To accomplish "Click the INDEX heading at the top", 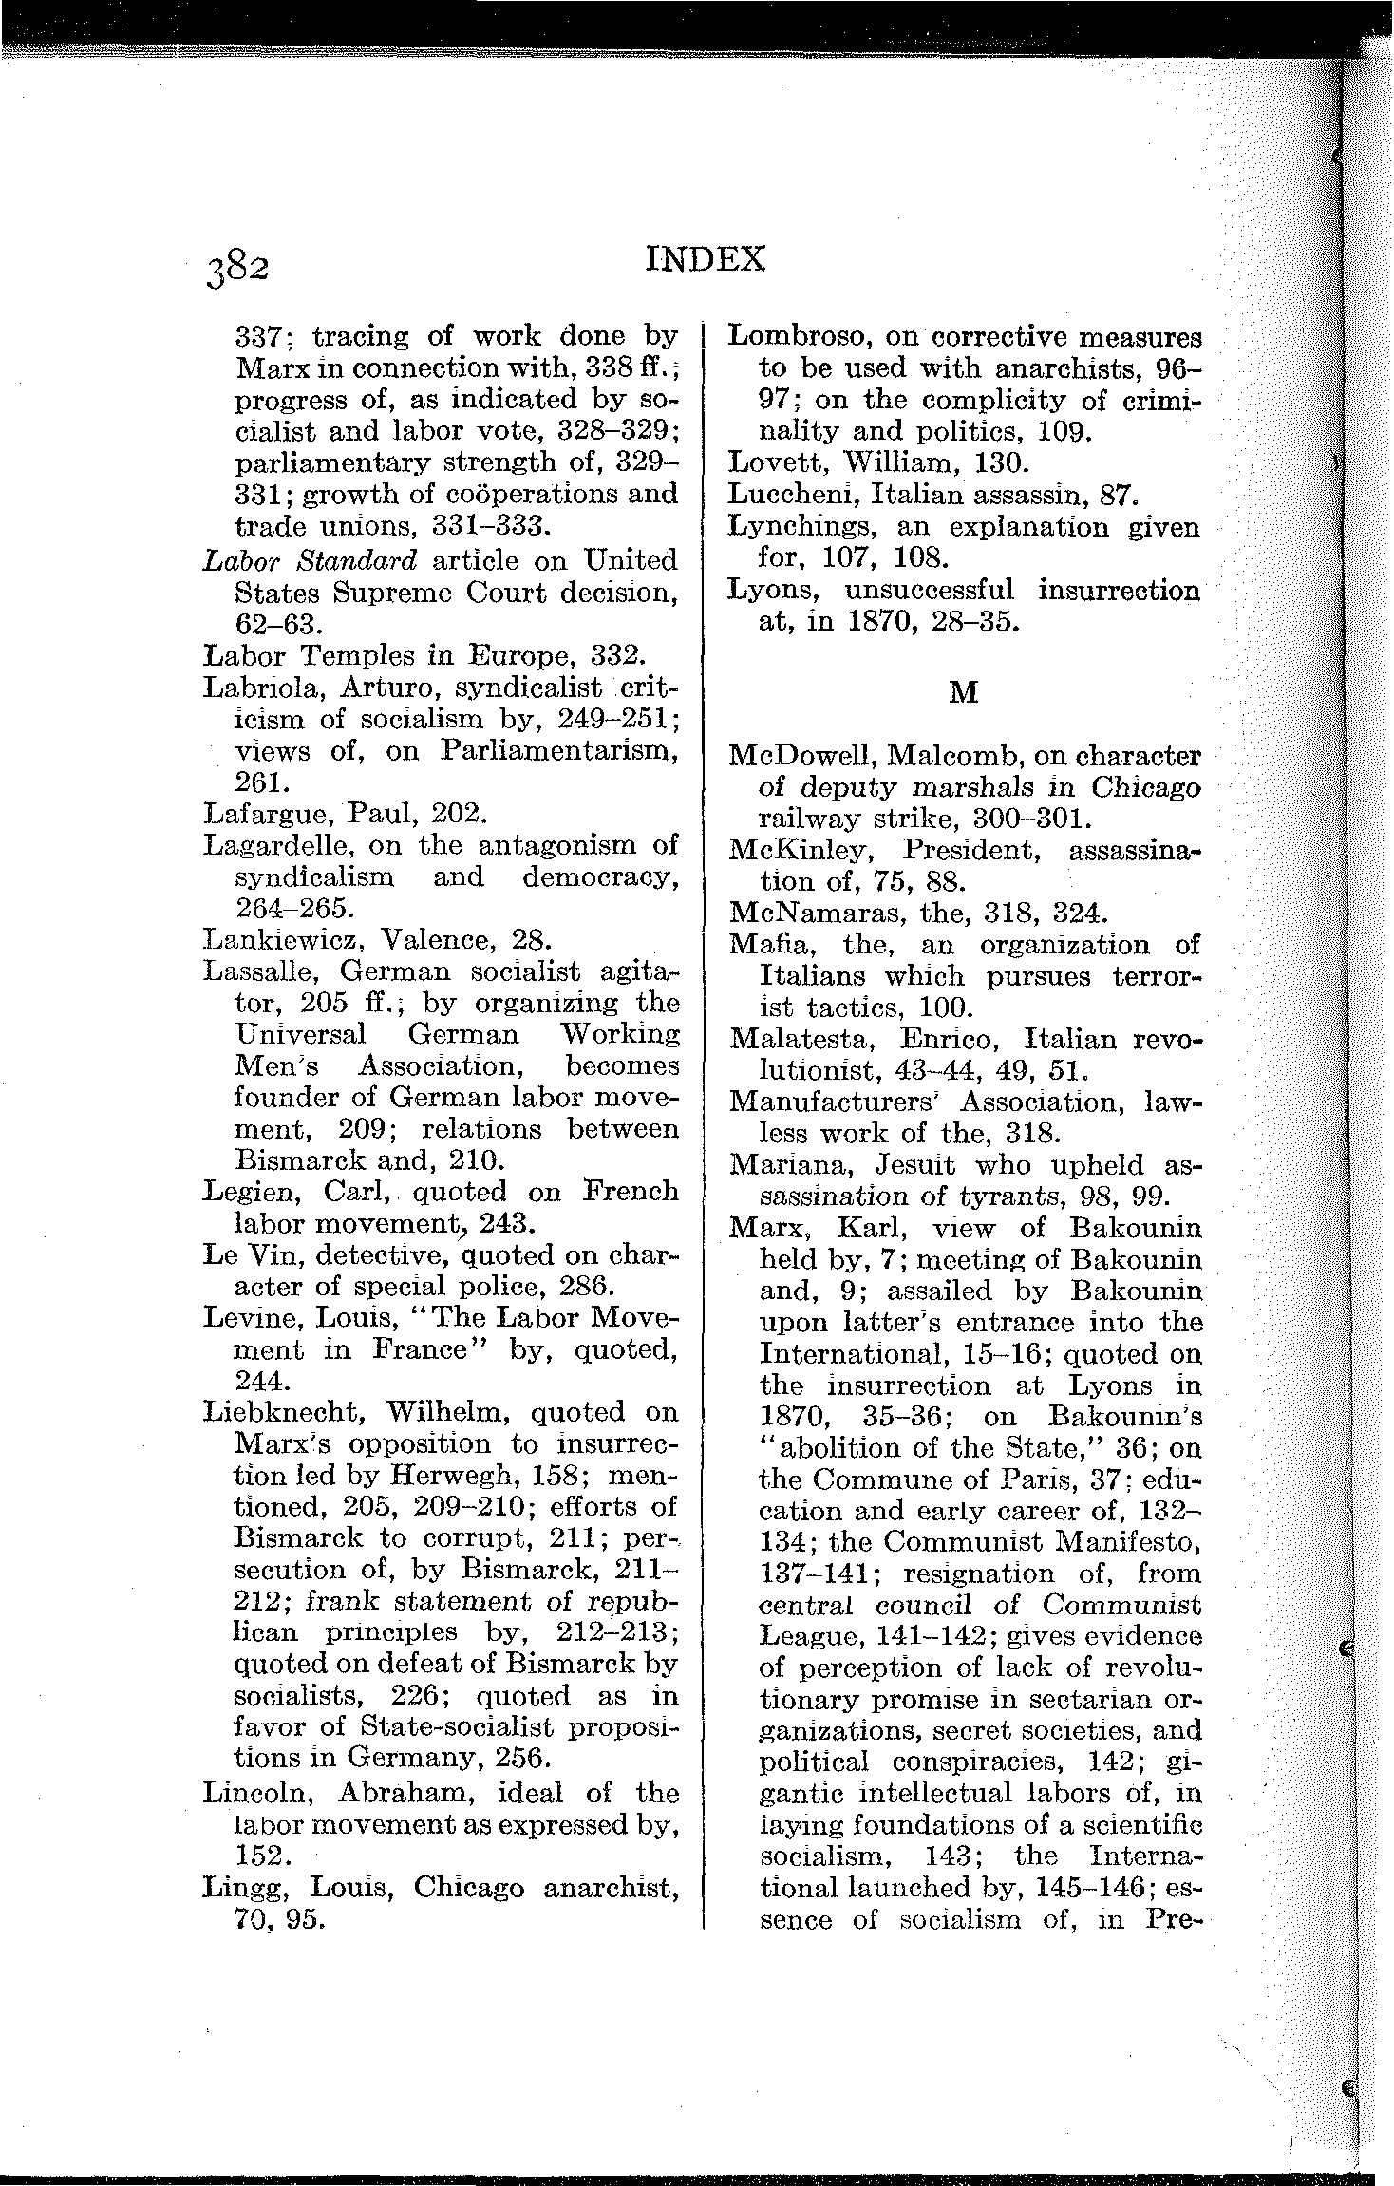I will [705, 259].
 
